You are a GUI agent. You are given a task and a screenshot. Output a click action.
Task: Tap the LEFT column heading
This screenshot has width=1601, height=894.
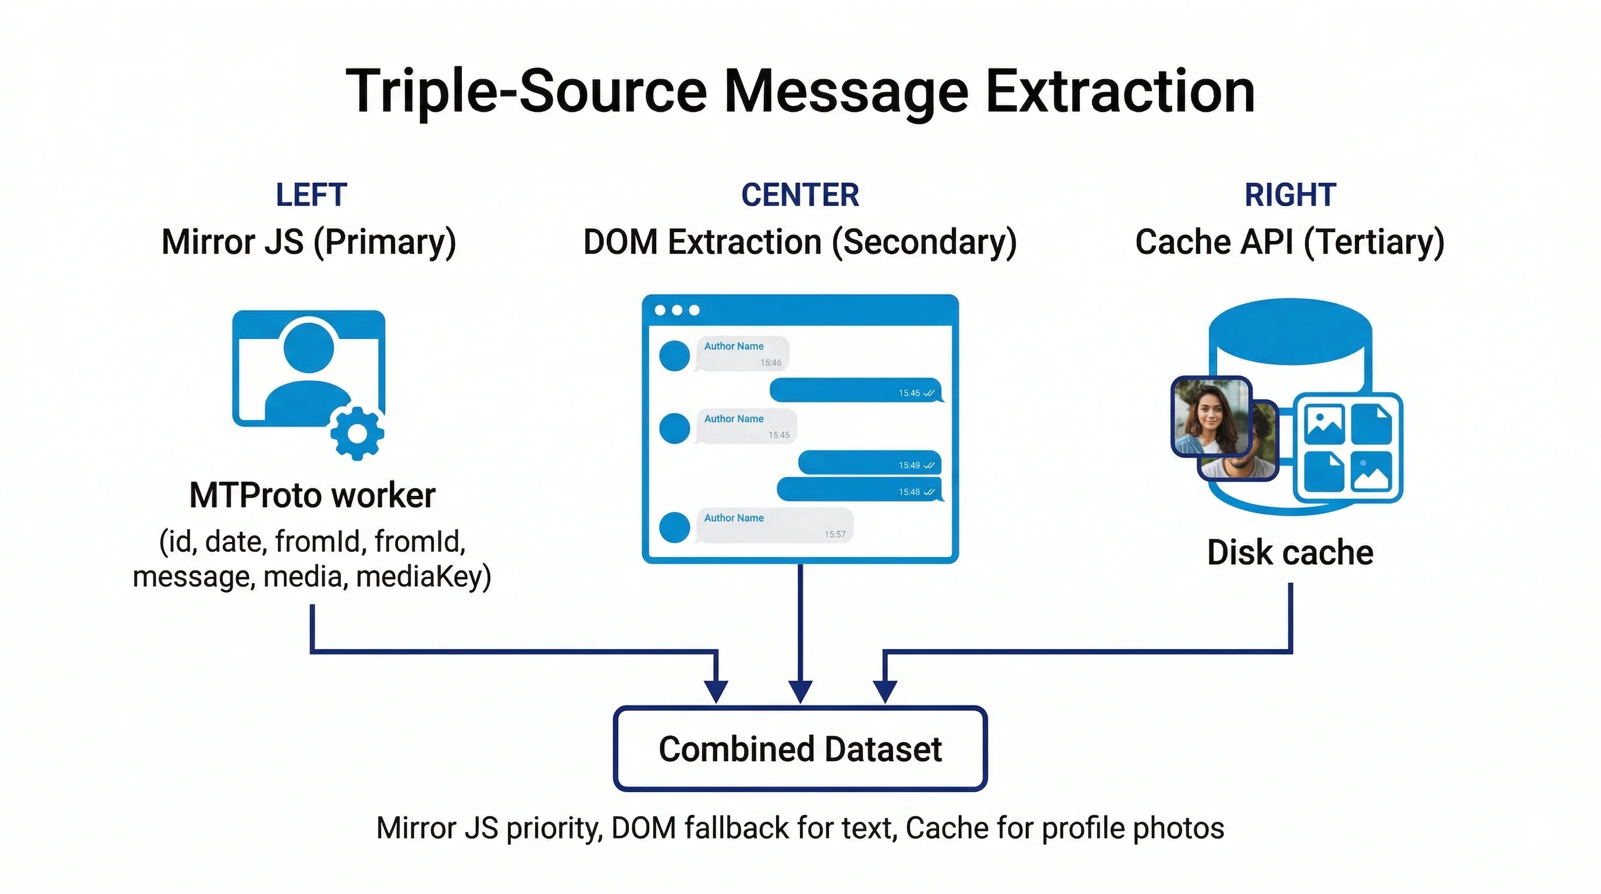[311, 195]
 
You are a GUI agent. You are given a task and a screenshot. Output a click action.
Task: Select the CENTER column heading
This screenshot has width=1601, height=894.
[800, 195]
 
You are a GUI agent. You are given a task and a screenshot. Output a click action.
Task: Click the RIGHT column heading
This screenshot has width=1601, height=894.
[1290, 195]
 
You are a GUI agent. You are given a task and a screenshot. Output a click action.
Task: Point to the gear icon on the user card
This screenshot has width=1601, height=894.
[357, 434]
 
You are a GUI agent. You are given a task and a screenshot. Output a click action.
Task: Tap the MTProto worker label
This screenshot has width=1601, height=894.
[312, 495]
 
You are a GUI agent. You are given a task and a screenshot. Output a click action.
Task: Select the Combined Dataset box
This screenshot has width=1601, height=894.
[800, 748]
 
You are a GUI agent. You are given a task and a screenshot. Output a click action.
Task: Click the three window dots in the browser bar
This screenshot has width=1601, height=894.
[677, 310]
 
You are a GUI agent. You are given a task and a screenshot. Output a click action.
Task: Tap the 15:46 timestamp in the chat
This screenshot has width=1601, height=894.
[771, 363]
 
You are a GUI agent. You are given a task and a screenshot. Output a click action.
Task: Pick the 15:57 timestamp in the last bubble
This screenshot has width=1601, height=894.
[835, 534]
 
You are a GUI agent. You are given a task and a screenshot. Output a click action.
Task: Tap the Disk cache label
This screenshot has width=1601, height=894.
[1290, 553]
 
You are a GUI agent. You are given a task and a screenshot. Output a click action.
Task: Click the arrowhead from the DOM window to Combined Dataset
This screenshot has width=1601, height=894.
[800, 691]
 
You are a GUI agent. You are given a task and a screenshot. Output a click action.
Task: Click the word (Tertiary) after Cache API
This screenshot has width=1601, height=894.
[1374, 242]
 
